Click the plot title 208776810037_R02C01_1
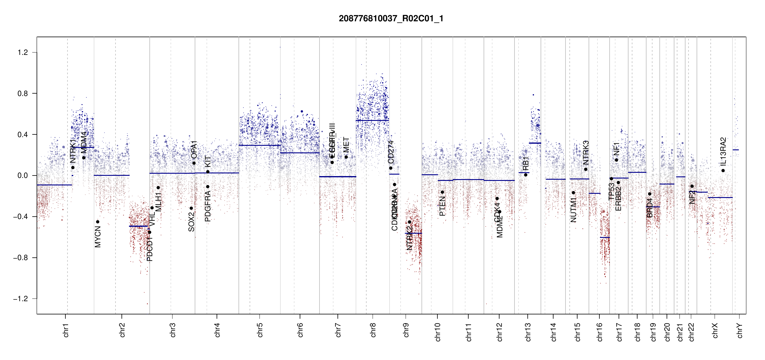pyautogui.click(x=391, y=19)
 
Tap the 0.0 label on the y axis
pyautogui.click(x=23, y=175)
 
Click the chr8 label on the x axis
pyautogui.click(x=373, y=330)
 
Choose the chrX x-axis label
pyautogui.click(x=715, y=331)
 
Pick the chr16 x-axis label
pyautogui.click(x=599, y=332)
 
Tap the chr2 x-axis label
pyautogui.click(x=122, y=330)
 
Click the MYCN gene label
pyautogui.click(x=98, y=237)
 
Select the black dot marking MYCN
pyautogui.click(x=97, y=222)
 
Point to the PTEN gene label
pyautogui.click(x=442, y=206)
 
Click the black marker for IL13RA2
pyautogui.click(x=723, y=170)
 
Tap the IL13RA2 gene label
pyautogui.click(x=723, y=151)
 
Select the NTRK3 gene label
pyautogui.click(x=586, y=152)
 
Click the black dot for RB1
pyautogui.click(x=526, y=175)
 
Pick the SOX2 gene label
pyautogui.click(x=191, y=222)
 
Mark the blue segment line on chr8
pyautogui.click(x=372, y=120)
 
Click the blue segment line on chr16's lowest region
pyautogui.click(x=605, y=237)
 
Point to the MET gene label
pyautogui.click(x=346, y=145)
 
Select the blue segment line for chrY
pyautogui.click(x=736, y=150)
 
